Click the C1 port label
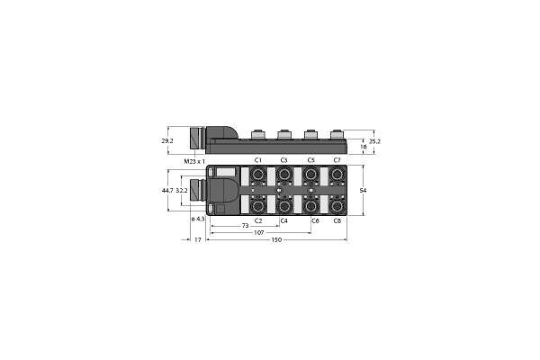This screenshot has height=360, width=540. (x=258, y=160)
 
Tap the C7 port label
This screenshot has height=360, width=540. (x=337, y=160)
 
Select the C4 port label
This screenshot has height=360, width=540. (x=283, y=220)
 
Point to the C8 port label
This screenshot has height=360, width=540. (x=337, y=220)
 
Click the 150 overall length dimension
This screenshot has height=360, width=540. (x=276, y=239)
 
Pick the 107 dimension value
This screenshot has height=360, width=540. (x=258, y=232)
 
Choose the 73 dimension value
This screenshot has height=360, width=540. (x=245, y=226)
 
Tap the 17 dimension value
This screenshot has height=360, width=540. (x=198, y=239)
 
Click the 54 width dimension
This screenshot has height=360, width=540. (x=363, y=190)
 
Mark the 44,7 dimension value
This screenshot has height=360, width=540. (x=167, y=190)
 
